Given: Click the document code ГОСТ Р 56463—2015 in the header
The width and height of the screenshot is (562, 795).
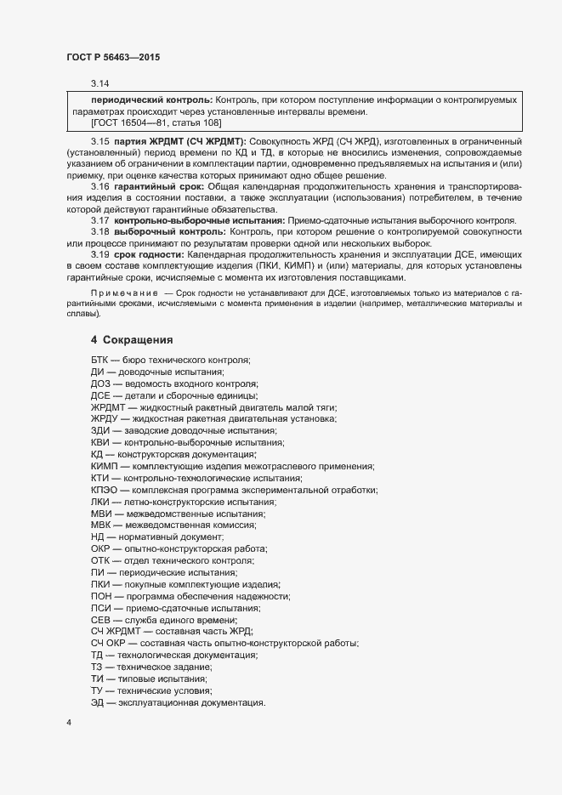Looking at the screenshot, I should pyautogui.click(x=113, y=58).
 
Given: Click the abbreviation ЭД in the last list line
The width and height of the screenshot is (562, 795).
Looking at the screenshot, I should pyautogui.click(x=97, y=704).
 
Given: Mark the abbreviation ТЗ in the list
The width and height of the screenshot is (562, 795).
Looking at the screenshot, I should pyautogui.click(x=96, y=668).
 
